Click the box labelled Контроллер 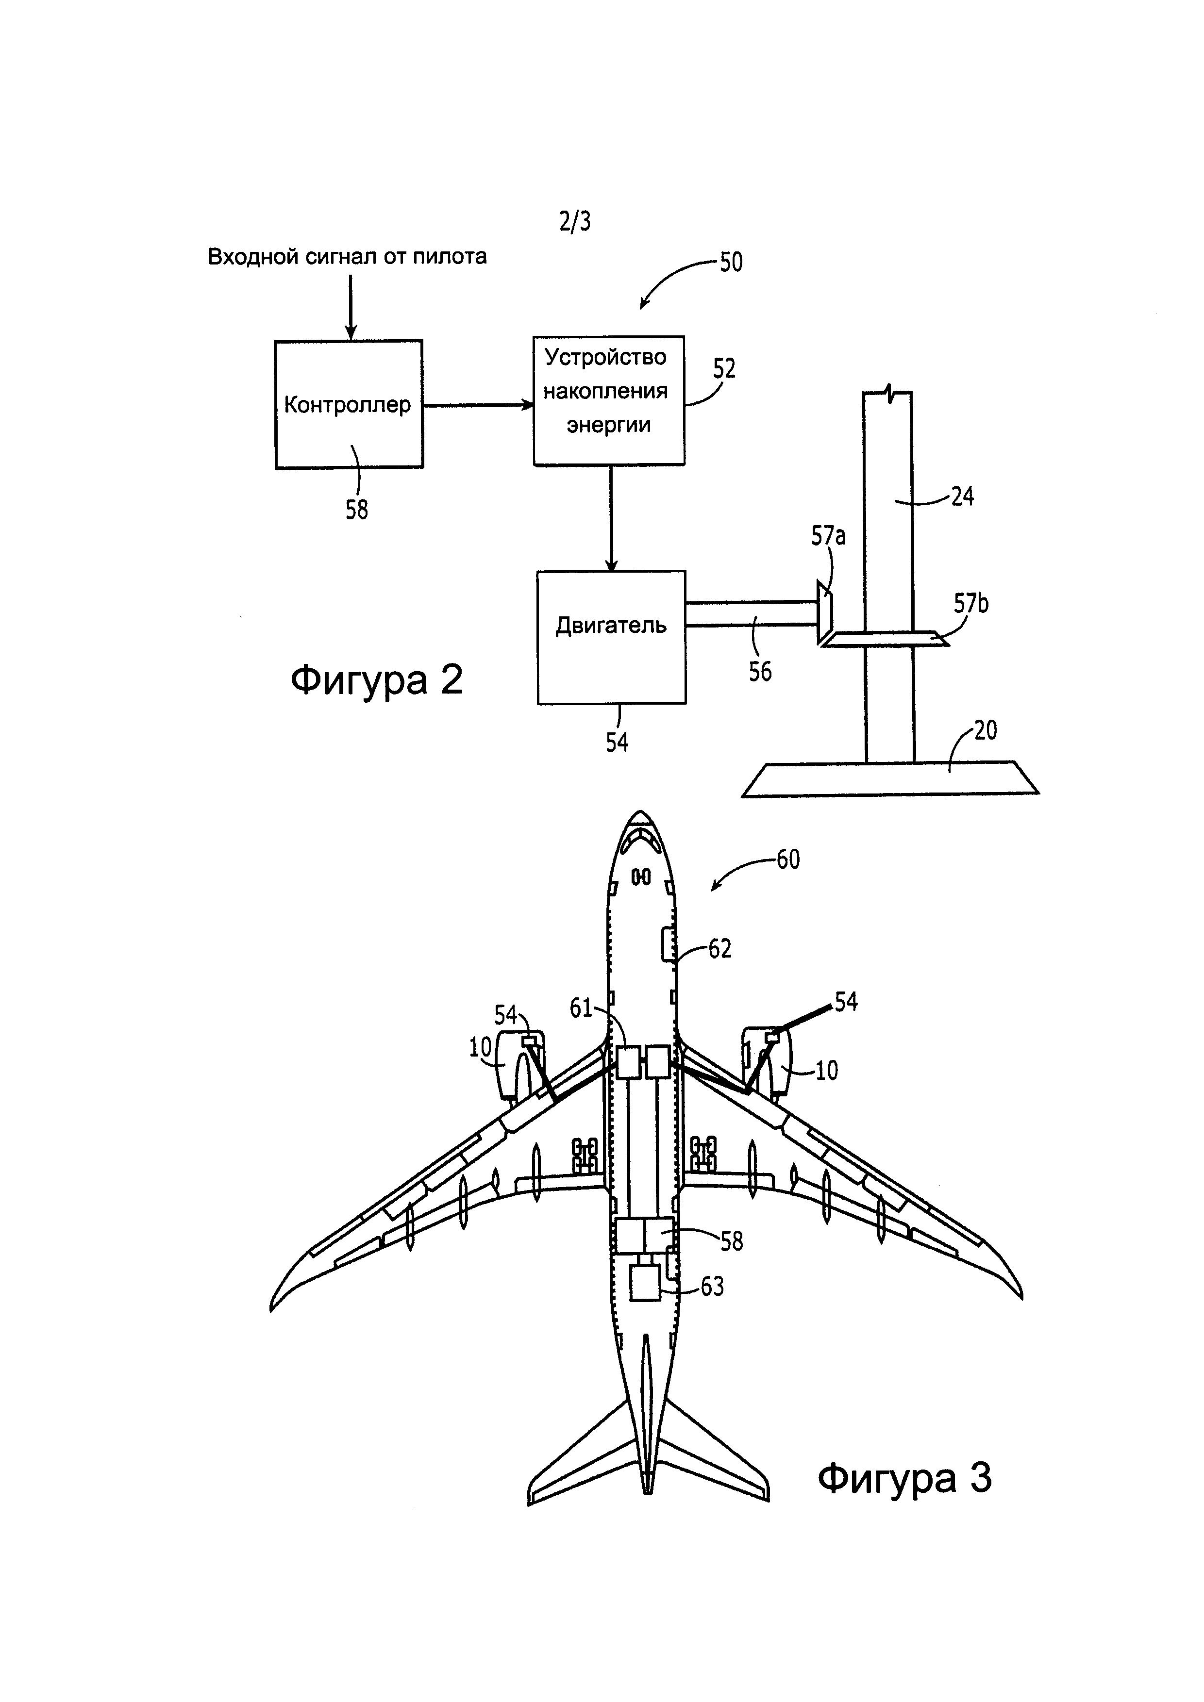coord(349,404)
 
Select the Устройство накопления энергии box coord(609,400)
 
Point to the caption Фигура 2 coord(377,679)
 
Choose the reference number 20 coord(986,731)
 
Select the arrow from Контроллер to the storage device coord(478,405)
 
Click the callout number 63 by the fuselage coord(712,1287)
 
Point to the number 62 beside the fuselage coord(720,949)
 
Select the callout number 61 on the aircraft coord(581,1008)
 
